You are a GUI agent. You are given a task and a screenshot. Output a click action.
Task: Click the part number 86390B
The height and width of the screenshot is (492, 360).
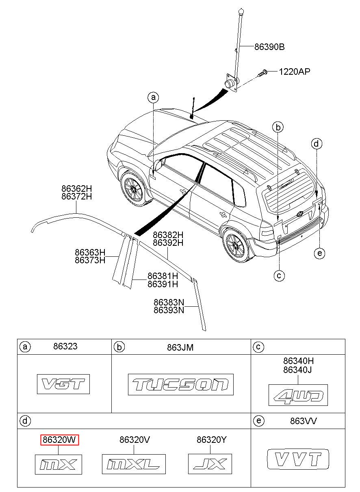tap(269, 47)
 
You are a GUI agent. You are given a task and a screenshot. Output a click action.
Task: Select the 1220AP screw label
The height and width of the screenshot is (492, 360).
tap(294, 72)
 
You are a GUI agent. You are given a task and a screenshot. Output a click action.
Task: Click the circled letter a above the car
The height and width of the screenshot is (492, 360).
tap(153, 97)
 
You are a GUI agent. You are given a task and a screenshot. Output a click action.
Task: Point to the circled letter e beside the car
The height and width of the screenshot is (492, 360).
tap(319, 254)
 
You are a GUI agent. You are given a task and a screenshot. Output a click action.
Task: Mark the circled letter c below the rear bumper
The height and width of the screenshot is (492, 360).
tap(279, 275)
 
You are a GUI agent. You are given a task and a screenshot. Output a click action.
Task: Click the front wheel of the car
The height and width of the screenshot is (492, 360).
tap(133, 189)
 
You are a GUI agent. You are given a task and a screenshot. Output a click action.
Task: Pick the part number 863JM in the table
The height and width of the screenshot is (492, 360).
tap(180, 347)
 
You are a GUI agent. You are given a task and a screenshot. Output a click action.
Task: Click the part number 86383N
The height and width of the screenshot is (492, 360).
tap(169, 302)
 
